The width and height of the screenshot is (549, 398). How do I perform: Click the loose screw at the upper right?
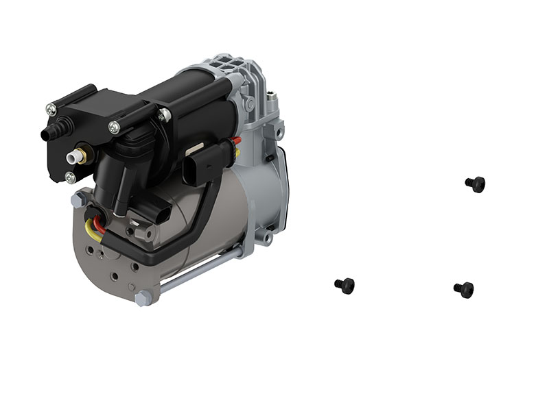pos(475,184)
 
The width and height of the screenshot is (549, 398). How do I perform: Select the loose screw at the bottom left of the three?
pos(344,285)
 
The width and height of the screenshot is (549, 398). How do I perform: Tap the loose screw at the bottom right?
pos(464,289)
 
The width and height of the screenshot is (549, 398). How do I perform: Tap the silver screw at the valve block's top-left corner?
pos(51,109)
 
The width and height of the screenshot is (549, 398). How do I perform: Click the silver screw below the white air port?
pos(70,178)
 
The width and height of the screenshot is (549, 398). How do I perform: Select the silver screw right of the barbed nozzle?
pos(114,127)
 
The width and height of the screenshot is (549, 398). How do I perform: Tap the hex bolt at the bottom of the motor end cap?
pos(143,298)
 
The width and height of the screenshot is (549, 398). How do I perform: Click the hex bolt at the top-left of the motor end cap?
pos(78,200)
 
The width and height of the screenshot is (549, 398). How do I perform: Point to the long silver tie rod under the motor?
pos(199,267)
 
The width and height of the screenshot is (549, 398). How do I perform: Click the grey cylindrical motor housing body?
pos(206,219)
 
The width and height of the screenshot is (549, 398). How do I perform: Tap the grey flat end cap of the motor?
pos(110,260)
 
